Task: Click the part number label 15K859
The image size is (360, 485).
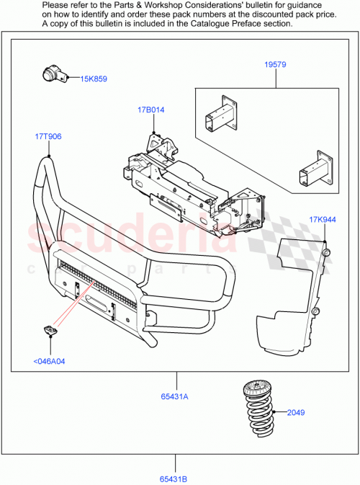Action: pyautogui.click(x=94, y=79)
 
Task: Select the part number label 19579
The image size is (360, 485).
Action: pyautogui.click(x=274, y=65)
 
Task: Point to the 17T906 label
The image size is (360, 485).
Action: pyautogui.click(x=48, y=136)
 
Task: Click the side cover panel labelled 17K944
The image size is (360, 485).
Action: pyautogui.click(x=295, y=295)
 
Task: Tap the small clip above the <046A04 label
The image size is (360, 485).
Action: pyautogui.click(x=49, y=331)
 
